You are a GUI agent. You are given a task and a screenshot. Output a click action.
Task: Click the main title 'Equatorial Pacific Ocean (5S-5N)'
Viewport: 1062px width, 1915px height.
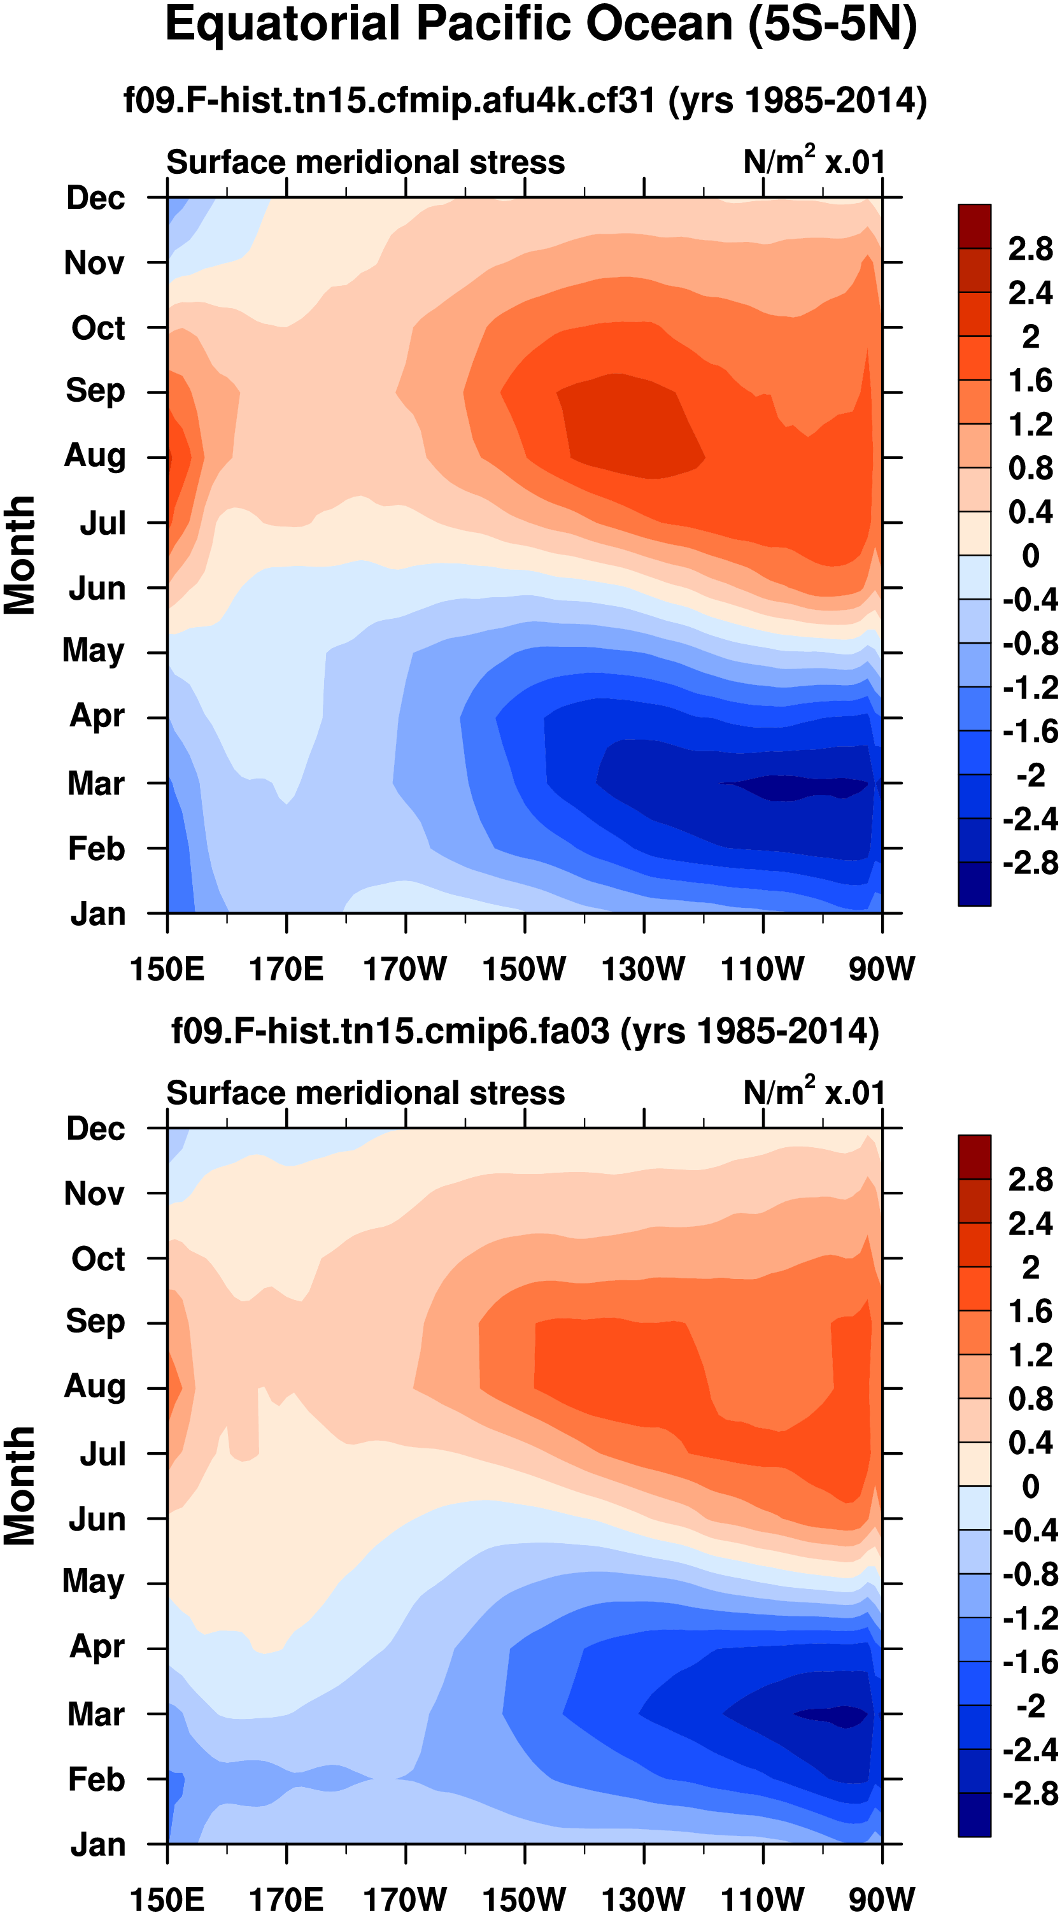(x=541, y=25)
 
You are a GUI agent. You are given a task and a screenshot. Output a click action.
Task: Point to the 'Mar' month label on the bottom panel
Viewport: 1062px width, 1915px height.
(x=96, y=1714)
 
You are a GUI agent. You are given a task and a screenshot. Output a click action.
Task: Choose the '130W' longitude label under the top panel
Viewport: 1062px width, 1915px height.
(x=643, y=969)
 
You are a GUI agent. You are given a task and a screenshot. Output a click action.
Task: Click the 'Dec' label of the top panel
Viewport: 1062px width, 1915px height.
(x=96, y=198)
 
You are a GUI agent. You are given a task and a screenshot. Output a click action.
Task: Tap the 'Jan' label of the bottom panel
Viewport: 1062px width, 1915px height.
(x=97, y=1845)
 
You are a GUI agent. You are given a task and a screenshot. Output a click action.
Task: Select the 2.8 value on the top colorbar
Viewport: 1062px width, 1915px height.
(x=1030, y=249)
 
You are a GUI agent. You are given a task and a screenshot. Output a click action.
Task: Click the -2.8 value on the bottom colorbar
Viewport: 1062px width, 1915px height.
(x=1030, y=1793)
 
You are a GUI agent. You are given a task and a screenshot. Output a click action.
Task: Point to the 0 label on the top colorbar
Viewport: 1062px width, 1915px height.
(x=1030, y=555)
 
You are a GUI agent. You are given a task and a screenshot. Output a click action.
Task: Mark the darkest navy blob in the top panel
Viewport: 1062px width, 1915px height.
(x=796, y=786)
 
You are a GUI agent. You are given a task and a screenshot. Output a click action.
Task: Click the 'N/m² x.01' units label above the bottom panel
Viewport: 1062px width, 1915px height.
(x=814, y=1092)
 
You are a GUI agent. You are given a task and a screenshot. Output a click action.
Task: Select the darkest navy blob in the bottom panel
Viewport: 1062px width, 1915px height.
(x=833, y=1714)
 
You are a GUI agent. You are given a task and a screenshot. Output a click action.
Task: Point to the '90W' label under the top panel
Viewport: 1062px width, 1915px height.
(x=881, y=969)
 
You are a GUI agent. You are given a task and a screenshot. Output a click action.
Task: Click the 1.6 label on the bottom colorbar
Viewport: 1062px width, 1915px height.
(x=1030, y=1311)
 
